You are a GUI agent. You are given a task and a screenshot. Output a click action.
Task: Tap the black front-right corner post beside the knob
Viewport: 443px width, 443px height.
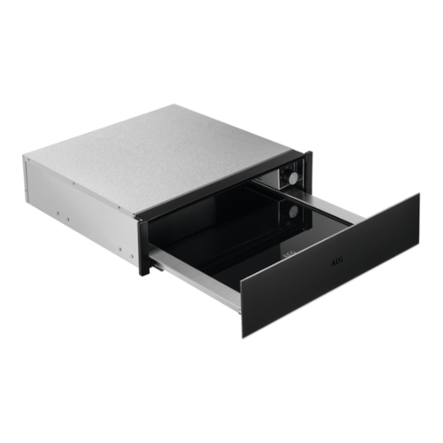(310, 173)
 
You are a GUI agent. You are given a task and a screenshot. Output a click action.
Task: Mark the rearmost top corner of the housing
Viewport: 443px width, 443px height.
(182, 104)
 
